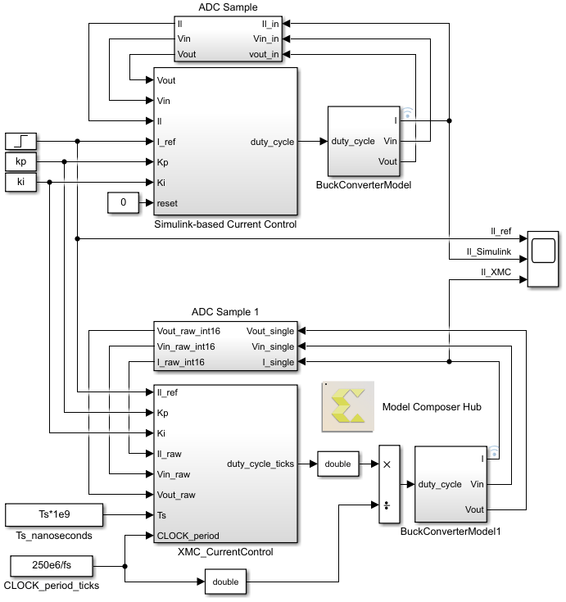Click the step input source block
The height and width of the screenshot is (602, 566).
(21, 141)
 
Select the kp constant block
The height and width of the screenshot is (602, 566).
(21, 161)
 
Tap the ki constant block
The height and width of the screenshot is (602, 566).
(21, 182)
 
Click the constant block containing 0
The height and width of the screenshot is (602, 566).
(123, 202)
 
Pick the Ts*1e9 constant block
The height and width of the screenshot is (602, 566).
(54, 515)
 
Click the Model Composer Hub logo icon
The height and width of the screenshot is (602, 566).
(348, 406)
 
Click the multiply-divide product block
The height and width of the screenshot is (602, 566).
(389, 485)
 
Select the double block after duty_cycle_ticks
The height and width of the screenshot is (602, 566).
(337, 464)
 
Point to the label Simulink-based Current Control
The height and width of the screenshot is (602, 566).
(225, 224)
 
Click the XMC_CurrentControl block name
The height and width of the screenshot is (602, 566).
(225, 552)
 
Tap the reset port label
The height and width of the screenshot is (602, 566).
(167, 202)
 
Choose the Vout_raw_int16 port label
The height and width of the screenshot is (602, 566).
(188, 332)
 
